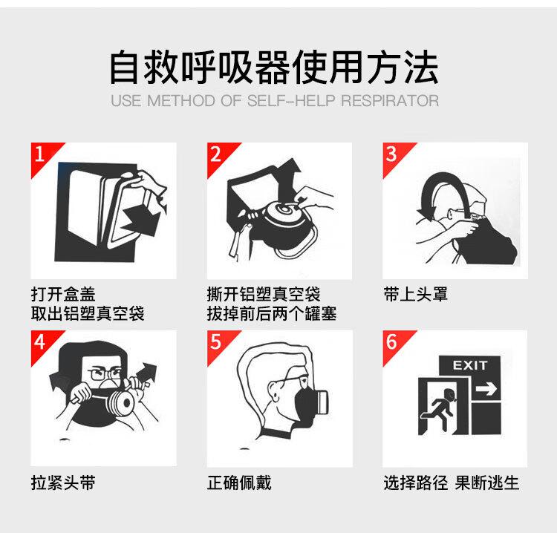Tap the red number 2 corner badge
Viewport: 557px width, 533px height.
pyautogui.click(x=218, y=155)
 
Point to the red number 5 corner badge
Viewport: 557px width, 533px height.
pyautogui.click(x=218, y=343)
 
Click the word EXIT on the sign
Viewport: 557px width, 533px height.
pyautogui.click(x=469, y=365)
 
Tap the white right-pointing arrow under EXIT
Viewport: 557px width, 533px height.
pyautogui.click(x=486, y=388)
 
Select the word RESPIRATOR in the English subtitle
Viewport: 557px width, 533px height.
pyautogui.click(x=390, y=101)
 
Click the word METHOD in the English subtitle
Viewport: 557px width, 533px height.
pyautogui.click(x=180, y=101)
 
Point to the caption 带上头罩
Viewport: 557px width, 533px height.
pyautogui.click(x=415, y=295)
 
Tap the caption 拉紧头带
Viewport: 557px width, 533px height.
pyautogui.click(x=63, y=483)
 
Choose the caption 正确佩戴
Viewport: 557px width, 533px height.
pyautogui.click(x=239, y=483)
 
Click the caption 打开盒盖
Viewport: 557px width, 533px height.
pyautogui.click(x=63, y=295)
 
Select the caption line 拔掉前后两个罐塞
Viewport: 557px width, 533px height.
pyautogui.click(x=272, y=313)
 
